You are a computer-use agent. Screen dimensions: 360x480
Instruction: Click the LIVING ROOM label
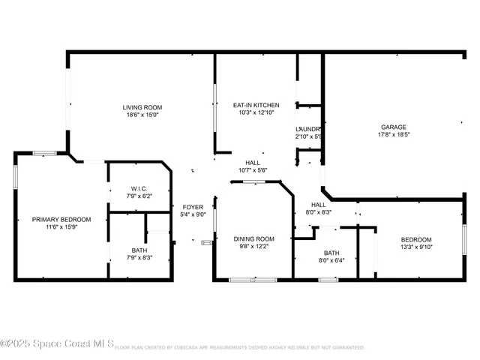142,107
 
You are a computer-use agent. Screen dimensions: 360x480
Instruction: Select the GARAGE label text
393,127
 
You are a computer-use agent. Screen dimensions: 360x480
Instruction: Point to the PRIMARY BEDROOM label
61,219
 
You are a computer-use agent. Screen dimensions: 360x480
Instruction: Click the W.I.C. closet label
139,188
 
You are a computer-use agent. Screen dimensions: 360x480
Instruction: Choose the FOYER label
193,206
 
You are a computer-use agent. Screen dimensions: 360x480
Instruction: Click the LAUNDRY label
308,129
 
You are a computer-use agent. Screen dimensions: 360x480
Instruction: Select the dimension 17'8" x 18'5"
393,135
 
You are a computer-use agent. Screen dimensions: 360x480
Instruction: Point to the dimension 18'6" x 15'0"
142,115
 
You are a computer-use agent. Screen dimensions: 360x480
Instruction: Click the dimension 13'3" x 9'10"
415,247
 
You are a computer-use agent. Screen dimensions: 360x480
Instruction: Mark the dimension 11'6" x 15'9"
61,227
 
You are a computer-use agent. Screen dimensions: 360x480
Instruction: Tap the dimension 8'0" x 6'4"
331,260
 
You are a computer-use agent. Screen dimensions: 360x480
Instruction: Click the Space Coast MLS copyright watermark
57,344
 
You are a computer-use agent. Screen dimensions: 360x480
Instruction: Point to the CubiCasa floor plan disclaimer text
240,348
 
